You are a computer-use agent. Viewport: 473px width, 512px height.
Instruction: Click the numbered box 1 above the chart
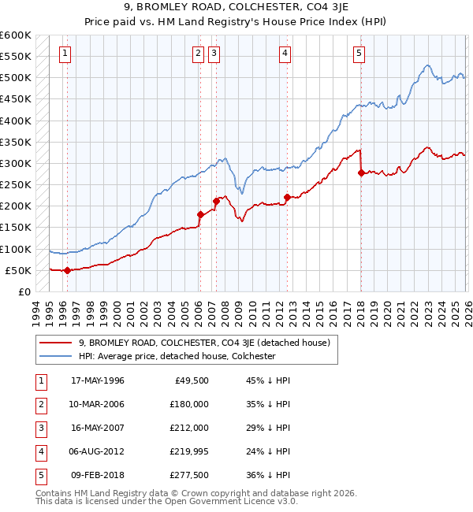point(65,54)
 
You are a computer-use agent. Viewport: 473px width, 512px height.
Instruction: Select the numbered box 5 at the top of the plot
point(359,54)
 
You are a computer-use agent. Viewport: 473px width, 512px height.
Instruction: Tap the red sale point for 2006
point(200,214)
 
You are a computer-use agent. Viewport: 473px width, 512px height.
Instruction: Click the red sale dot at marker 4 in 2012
point(288,197)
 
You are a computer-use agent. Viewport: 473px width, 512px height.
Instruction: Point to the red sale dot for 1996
point(67,270)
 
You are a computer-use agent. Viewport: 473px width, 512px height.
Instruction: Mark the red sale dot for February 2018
point(361,173)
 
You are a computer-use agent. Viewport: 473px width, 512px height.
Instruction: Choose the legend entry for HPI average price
point(177,356)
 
